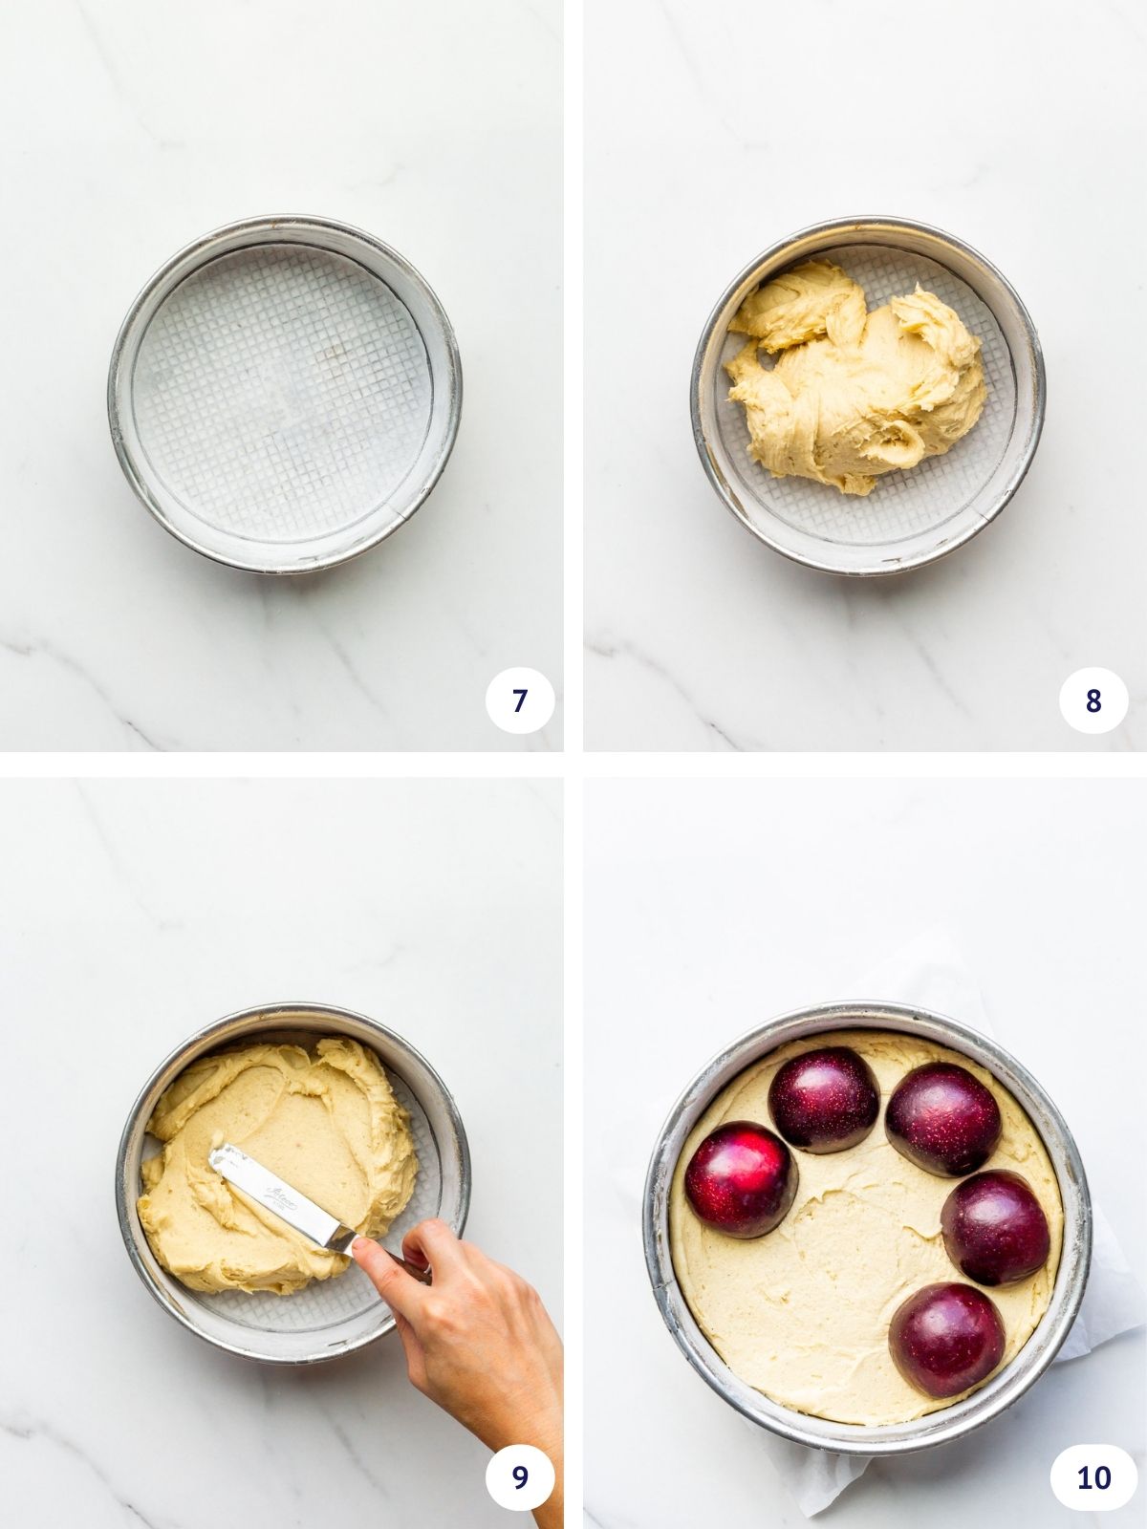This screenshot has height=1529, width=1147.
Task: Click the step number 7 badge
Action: click(x=519, y=700)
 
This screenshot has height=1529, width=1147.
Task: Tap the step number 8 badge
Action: click(x=1093, y=700)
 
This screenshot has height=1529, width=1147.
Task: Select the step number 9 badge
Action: click(x=519, y=1476)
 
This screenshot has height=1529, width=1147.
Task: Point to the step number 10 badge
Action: click(x=1093, y=1476)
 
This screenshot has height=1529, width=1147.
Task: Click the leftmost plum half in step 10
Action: click(x=742, y=1179)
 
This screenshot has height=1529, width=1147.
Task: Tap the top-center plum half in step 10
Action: click(x=824, y=1099)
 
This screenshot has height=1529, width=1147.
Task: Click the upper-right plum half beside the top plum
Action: click(x=942, y=1118)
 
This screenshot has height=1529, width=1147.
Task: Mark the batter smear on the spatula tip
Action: click(x=226, y=1161)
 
